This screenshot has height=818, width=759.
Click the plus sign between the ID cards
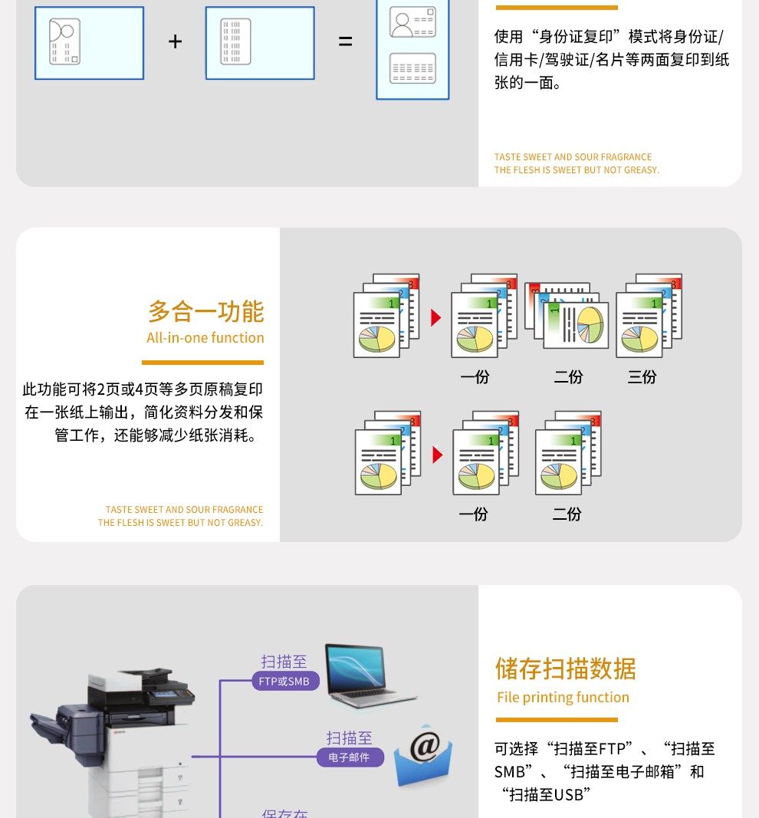pos(175,41)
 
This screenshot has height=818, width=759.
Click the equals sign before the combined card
pos(346,41)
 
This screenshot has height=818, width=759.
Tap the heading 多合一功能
pos(205,311)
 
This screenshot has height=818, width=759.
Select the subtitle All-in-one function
pos(205,337)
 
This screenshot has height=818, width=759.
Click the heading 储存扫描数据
pos(566,669)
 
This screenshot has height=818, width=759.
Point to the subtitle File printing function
pos(563,697)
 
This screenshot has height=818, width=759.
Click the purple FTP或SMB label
pos(284,681)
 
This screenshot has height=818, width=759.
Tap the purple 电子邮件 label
pos(350,757)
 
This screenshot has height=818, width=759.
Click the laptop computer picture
pos(368,675)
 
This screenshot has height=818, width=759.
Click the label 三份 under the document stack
pos(642,376)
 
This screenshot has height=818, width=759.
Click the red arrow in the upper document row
pos(435,317)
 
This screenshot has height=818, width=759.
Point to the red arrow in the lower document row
pos(437,455)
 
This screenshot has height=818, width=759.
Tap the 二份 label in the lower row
pos(567,514)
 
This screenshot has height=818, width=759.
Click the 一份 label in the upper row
pos(475,376)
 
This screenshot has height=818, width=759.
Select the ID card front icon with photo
pos(89,42)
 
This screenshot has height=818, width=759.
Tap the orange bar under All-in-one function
pos(202,363)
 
